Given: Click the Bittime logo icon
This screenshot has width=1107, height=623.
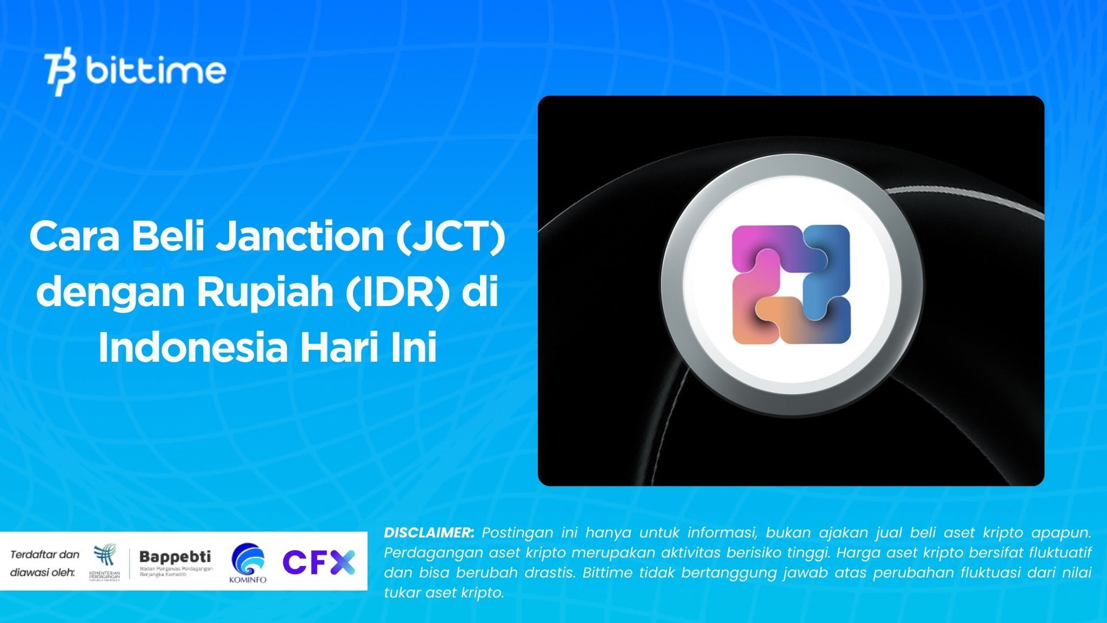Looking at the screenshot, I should pyautogui.click(x=60, y=74).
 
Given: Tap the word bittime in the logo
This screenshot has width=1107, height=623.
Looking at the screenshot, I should pyautogui.click(x=156, y=71).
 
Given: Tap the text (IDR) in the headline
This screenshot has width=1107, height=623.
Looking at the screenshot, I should pyautogui.click(x=399, y=292).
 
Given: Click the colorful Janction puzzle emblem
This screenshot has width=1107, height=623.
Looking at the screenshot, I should pyautogui.click(x=791, y=285).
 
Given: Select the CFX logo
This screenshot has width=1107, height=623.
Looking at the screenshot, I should pyautogui.click(x=319, y=562).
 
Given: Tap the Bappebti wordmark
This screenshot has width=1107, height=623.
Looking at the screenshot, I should pyautogui.click(x=175, y=556).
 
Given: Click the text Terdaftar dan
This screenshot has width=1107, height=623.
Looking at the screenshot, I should pyautogui.click(x=44, y=554).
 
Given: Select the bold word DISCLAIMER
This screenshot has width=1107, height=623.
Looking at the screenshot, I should pyautogui.click(x=429, y=533).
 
